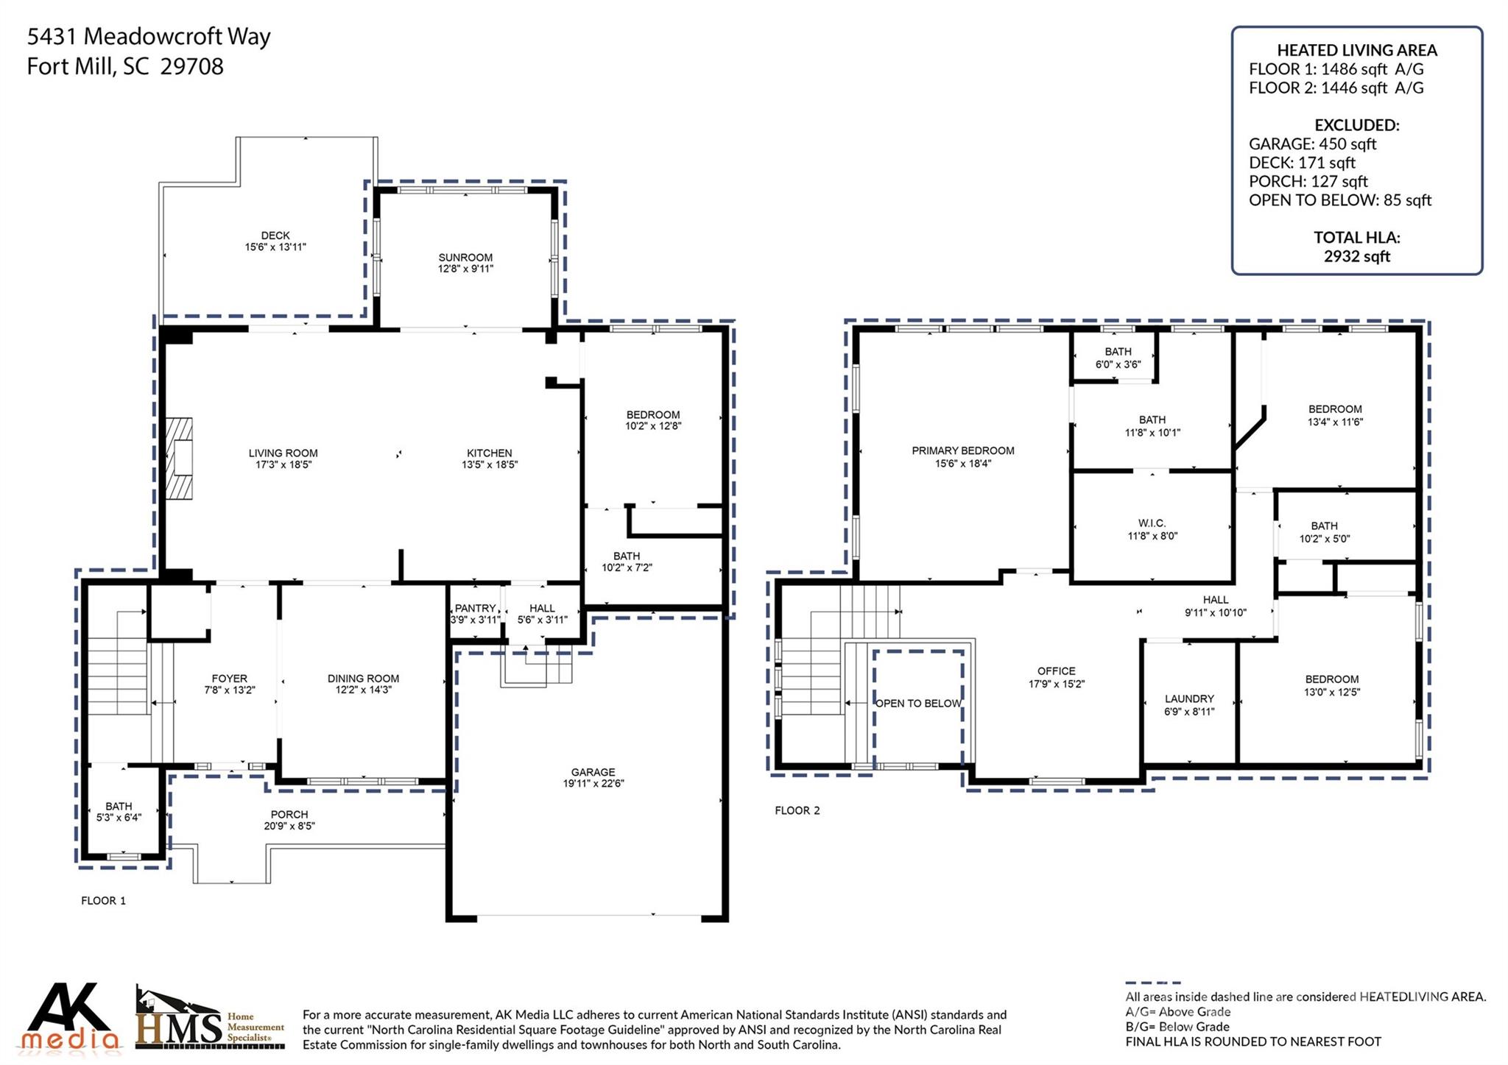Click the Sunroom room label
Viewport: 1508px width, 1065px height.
465,258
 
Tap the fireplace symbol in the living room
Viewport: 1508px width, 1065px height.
179,459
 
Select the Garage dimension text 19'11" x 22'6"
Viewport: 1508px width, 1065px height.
593,784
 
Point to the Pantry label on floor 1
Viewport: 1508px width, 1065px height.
475,608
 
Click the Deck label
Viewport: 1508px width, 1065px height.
275,236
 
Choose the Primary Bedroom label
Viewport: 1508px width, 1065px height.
962,450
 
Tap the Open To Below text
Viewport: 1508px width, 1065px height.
918,704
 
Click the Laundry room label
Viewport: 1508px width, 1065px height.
1189,698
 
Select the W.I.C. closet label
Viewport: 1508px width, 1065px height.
1152,523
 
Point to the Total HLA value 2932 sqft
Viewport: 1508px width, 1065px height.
1356,256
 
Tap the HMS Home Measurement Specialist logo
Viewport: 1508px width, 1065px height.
210,1019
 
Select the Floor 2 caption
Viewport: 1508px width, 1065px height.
797,810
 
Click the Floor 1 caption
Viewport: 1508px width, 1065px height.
103,900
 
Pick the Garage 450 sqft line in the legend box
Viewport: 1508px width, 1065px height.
1312,144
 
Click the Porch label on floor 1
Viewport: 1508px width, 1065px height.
289,814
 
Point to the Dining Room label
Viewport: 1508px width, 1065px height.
363,678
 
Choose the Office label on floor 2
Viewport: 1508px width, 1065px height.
1056,671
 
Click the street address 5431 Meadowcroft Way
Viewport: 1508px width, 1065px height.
149,36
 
